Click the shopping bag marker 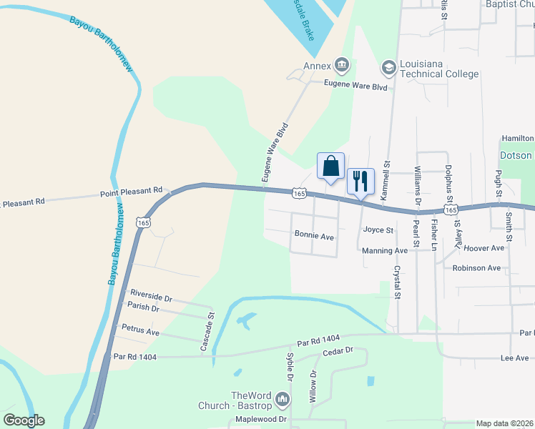[x=330, y=167]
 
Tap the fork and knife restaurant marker [x=360, y=181]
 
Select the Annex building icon [x=342, y=66]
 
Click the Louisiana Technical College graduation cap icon [x=388, y=68]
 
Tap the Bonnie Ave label [x=315, y=235]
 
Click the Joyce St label [x=378, y=230]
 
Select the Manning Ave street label [x=384, y=251]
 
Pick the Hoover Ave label [x=484, y=248]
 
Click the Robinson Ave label [x=476, y=268]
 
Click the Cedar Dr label [x=338, y=351]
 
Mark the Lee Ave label [x=514, y=358]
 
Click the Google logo [x=24, y=420]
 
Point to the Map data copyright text [x=504, y=423]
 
